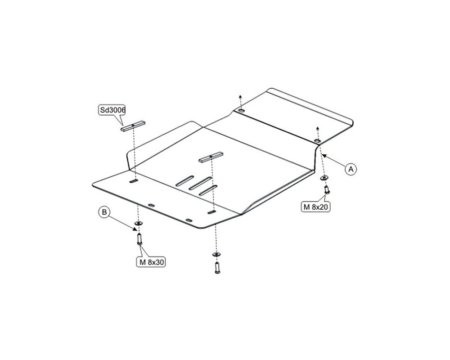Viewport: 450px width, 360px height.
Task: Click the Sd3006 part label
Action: [112, 110]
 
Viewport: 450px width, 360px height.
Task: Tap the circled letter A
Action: [351, 169]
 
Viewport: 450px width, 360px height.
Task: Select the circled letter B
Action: [104, 212]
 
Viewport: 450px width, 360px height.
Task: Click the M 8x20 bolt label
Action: [316, 207]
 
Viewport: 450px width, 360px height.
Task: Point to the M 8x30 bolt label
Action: [151, 262]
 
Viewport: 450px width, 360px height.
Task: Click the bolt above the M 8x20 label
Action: [326, 190]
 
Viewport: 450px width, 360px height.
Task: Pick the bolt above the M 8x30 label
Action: [139, 239]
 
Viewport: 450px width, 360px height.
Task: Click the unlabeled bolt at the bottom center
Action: [217, 268]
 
